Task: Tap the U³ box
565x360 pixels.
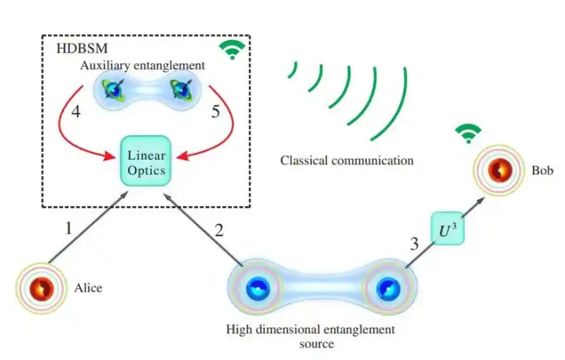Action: click(446, 231)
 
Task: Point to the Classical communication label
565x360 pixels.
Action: click(347, 161)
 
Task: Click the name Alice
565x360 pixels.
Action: click(89, 288)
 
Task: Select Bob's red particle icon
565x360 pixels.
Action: click(500, 170)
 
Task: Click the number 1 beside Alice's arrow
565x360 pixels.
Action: click(68, 228)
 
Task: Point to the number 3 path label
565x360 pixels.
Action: click(414, 244)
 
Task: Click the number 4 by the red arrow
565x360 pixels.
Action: click(75, 112)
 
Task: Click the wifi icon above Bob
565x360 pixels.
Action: click(468, 134)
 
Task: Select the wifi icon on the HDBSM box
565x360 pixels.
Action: click(230, 50)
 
